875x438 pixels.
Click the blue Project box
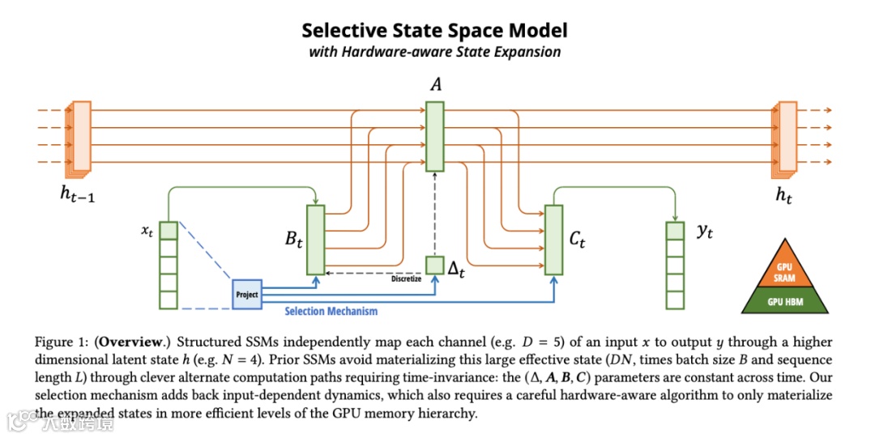pyautogui.click(x=247, y=294)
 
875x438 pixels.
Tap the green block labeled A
pyautogui.click(x=435, y=136)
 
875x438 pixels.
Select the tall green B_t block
pyautogui.click(x=315, y=239)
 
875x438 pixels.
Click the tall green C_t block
pyautogui.click(x=553, y=239)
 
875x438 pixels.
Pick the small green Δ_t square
pyautogui.click(x=435, y=265)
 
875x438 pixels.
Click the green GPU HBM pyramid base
pyautogui.click(x=783, y=302)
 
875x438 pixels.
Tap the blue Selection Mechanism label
pyautogui.click(x=331, y=311)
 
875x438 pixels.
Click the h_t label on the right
pyautogui.click(x=783, y=195)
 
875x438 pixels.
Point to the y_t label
pyautogui.click(x=704, y=231)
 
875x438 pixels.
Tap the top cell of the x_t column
pyautogui.click(x=168, y=231)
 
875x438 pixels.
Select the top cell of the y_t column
pyautogui.click(x=675, y=231)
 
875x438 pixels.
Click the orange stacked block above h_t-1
pyautogui.click(x=80, y=138)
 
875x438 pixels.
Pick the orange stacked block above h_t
pyautogui.click(x=786, y=138)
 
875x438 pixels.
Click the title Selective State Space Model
pyautogui.click(x=435, y=31)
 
